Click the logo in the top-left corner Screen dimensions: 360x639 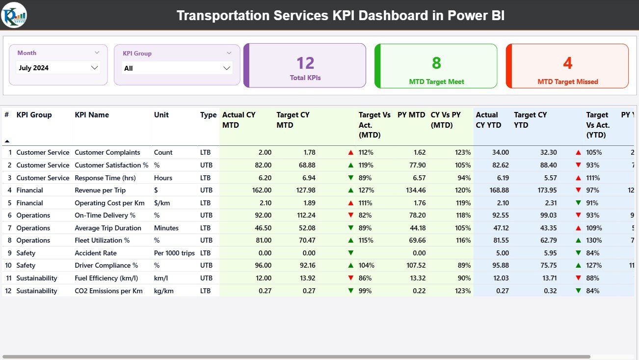pyautogui.click(x=14, y=15)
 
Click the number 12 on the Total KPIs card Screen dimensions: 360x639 pyautogui.click(x=305, y=63)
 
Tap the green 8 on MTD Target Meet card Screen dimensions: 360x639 pyautogui.click(x=436, y=63)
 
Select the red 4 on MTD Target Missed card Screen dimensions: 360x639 pyautogui.click(x=567, y=63)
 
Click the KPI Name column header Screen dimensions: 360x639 pyautogui.click(x=92, y=115)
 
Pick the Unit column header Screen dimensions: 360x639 pyautogui.click(x=161, y=115)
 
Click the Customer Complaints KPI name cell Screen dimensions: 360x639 pyautogui.click(x=107, y=153)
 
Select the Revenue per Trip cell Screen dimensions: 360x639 pyautogui.click(x=100, y=191)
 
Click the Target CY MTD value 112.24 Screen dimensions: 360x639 pyautogui.click(x=304, y=216)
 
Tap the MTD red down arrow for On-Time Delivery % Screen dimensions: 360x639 pyautogui.click(x=350, y=216)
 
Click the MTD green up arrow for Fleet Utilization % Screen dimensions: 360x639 pyautogui.click(x=350, y=241)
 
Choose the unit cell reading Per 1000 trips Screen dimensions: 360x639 pyautogui.click(x=174, y=253)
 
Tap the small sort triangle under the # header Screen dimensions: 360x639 pyautogui.click(x=7, y=141)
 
